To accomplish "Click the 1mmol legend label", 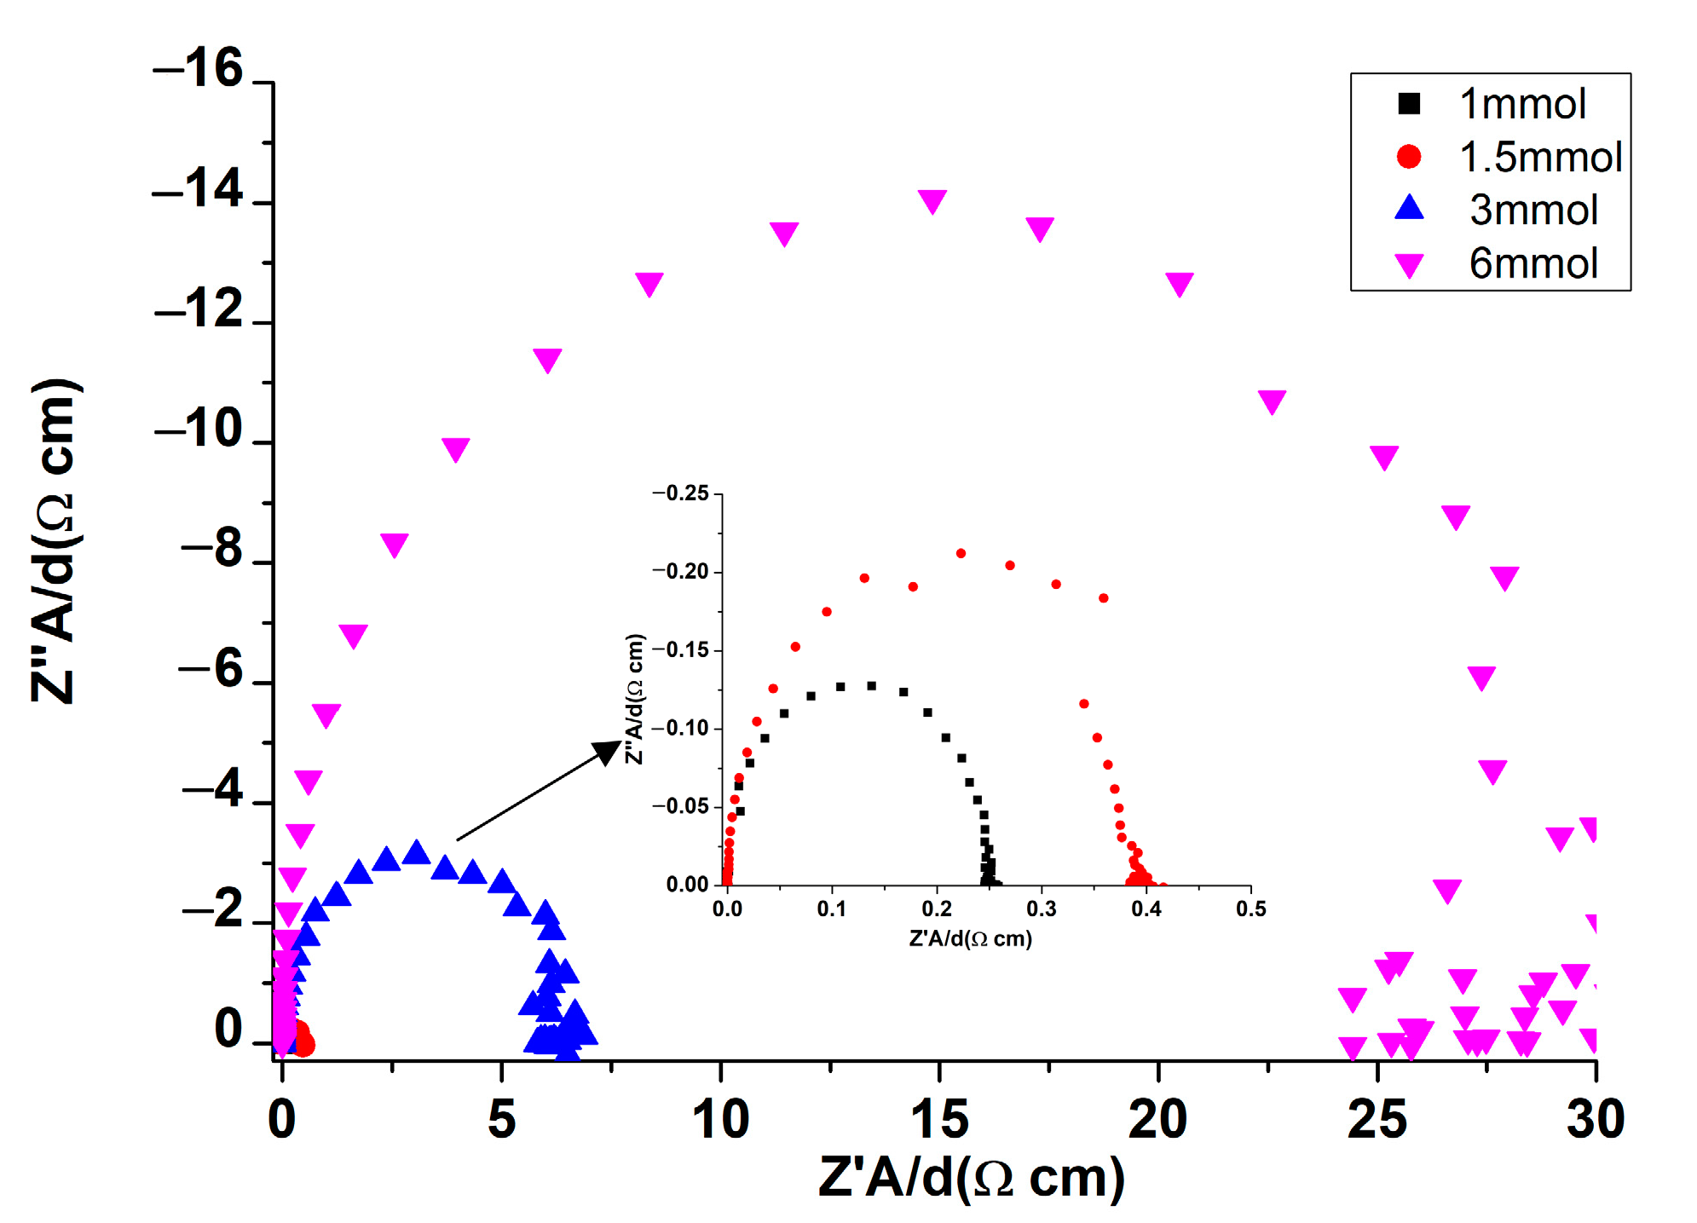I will point(1522,104).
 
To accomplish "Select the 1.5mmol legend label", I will point(1540,157).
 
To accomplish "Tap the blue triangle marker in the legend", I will point(1409,208).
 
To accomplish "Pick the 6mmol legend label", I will point(1532,263).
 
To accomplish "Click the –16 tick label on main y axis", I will point(198,68).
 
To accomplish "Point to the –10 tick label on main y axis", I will point(199,429).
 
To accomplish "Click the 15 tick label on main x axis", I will point(939,1119).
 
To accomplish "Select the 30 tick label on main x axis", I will point(1596,1119).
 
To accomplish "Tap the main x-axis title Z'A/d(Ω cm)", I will point(971,1179).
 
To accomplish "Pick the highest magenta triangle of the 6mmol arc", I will point(932,201).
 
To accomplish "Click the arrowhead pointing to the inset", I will point(608,752).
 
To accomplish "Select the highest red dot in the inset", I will point(961,553).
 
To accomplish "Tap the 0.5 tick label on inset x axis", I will point(1250,909).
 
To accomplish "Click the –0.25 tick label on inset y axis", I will point(681,493).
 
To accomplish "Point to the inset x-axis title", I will point(971,939).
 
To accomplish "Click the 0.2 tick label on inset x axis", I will point(937,909).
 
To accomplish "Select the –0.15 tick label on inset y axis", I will point(681,650).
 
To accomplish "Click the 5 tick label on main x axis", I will point(501,1119).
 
